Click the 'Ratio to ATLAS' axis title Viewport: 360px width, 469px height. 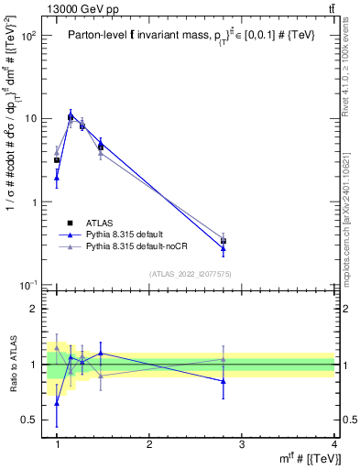point(12,365)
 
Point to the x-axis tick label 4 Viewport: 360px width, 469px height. point(335,444)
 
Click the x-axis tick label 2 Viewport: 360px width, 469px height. point(150,444)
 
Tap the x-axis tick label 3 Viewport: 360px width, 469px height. point(243,444)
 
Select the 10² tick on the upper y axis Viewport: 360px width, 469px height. point(29,36)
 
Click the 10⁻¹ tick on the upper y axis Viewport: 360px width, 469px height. point(29,285)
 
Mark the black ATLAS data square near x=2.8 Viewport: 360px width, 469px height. point(224,241)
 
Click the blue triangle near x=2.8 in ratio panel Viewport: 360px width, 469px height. point(224,381)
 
